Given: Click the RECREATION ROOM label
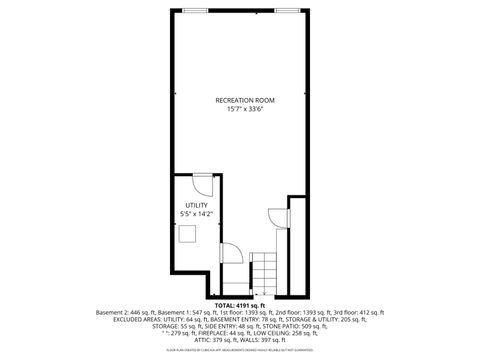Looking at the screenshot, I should [x=244, y=101].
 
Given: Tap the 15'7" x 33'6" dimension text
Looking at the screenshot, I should [x=244, y=110].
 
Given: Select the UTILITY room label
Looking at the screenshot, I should [x=195, y=205].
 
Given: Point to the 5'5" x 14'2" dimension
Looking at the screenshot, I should [x=195, y=214].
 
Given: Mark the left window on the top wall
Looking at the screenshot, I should [x=196, y=10].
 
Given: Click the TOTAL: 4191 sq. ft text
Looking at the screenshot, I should [x=240, y=304].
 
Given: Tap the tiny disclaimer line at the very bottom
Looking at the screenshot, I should [x=240, y=351].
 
